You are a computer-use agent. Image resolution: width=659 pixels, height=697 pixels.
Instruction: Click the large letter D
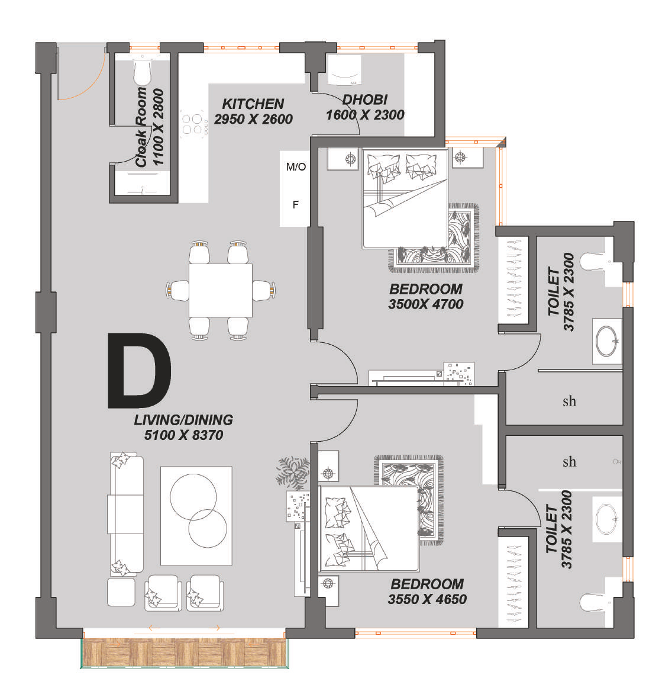click(140, 370)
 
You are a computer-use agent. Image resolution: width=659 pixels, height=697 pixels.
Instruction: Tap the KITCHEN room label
click(253, 104)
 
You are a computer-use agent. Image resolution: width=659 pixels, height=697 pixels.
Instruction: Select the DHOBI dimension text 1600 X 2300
click(365, 115)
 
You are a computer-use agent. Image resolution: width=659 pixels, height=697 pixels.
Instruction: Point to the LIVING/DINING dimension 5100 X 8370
click(183, 435)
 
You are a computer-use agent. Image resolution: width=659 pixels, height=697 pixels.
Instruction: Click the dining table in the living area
click(220, 290)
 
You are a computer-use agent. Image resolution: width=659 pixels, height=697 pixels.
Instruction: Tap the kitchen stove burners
click(192, 124)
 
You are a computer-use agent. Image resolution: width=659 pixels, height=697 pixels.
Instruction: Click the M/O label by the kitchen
click(296, 166)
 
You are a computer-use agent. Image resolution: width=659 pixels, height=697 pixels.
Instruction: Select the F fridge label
click(296, 205)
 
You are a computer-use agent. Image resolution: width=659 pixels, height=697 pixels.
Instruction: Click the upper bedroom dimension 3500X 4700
click(426, 304)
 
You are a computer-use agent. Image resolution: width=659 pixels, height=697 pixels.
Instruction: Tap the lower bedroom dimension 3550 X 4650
click(427, 599)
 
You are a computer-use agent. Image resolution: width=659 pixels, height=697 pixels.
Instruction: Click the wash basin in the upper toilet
click(606, 342)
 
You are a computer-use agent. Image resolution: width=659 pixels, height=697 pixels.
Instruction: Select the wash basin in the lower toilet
click(606, 519)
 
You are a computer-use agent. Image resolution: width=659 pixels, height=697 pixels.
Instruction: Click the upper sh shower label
click(569, 402)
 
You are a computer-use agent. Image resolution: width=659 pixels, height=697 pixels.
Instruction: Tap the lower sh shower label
click(569, 462)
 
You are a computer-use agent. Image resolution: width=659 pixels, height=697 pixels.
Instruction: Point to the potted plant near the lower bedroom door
click(293, 472)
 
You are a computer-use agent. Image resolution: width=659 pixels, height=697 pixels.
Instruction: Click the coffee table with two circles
click(196, 516)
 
